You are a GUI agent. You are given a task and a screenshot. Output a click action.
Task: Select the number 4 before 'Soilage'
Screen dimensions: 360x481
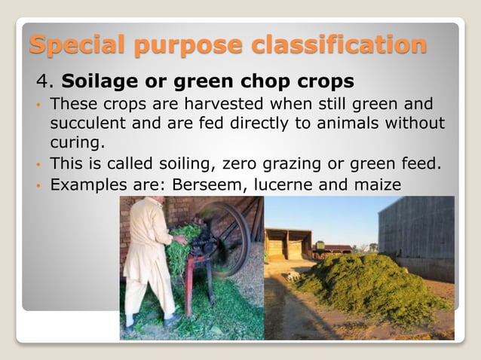[42, 80]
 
